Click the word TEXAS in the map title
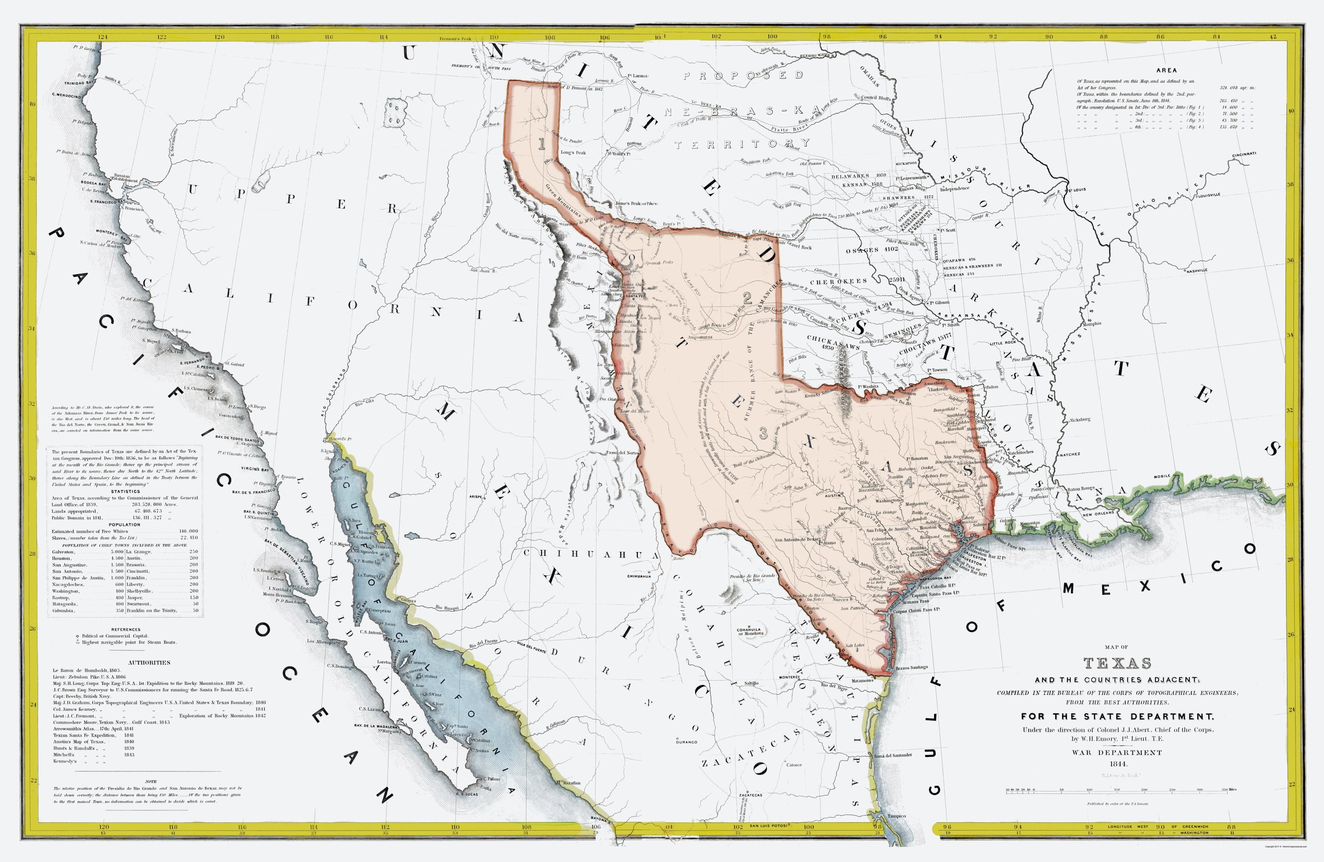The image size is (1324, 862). [1117, 663]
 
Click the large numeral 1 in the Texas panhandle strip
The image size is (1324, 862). [541, 144]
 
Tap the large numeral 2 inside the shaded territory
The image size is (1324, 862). [747, 298]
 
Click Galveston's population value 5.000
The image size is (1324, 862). [117, 552]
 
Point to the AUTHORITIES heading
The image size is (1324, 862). [149, 663]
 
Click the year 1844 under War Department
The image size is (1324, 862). [1117, 764]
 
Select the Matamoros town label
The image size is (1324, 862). [862, 681]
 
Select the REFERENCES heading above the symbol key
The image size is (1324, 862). [126, 629]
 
